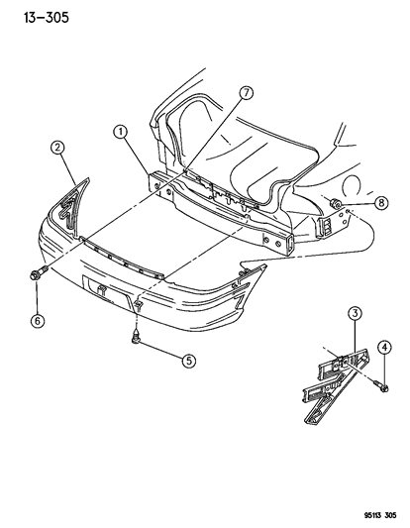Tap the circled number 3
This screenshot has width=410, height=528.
point(354,343)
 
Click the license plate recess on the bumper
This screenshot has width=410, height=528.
point(106,289)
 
